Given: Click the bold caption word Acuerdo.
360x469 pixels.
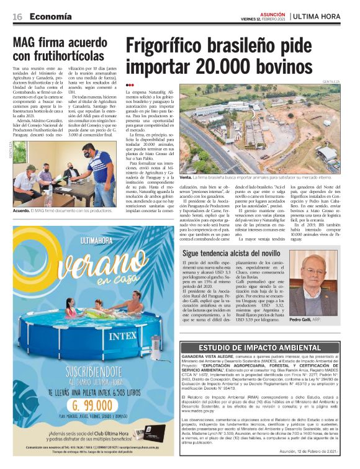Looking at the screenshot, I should point(22,211).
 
